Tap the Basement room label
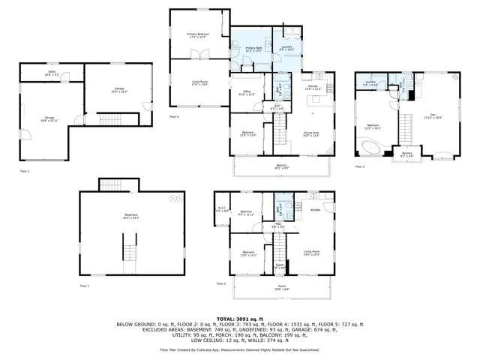130,216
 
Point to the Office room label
247,93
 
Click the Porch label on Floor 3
281,287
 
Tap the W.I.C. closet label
221,209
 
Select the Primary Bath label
253,49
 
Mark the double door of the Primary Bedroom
198,54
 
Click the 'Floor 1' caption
85,286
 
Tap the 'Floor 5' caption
358,167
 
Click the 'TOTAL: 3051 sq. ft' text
239,319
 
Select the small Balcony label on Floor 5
406,154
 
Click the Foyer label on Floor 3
280,265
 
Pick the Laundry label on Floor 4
286,49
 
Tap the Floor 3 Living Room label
312,253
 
